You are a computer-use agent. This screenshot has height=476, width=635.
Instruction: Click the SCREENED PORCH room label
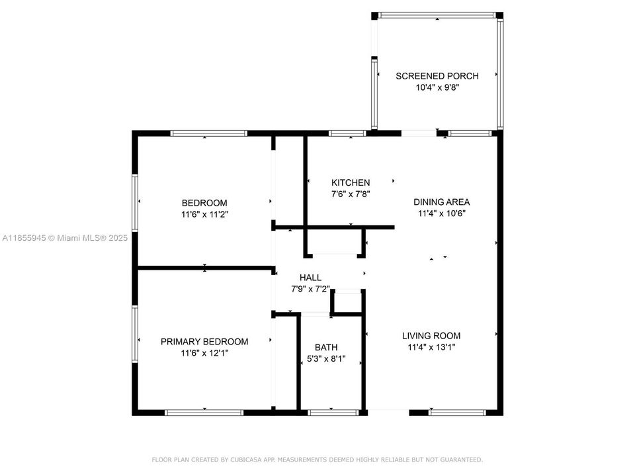pos(437,76)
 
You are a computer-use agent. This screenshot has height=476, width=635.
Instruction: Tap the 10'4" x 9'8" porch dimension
pos(437,87)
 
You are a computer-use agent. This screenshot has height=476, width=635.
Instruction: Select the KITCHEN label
pos(351,182)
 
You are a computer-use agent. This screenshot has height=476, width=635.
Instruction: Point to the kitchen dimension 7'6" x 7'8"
pos(351,194)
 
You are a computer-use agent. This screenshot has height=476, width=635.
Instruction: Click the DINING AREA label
pos(442,202)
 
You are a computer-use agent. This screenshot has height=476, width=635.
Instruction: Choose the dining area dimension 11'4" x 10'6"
pos(442,214)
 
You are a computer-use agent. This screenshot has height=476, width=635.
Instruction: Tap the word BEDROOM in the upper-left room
pos(204,203)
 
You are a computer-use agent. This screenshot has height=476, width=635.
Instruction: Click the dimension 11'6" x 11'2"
pos(204,214)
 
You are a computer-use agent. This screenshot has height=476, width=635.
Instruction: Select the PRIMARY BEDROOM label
pos(204,342)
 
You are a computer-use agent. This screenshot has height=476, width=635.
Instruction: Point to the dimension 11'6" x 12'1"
pos(204,354)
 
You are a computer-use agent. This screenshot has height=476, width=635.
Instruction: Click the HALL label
pos(310,278)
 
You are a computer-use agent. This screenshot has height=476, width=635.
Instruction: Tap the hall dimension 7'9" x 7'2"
pos(310,289)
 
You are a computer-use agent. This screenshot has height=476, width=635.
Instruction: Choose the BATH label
pos(326,347)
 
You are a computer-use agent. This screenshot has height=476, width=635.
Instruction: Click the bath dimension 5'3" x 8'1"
pos(326,359)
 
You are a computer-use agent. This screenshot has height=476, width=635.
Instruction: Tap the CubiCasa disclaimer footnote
pos(317,459)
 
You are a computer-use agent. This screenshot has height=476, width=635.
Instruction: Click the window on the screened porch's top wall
pos(437,15)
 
